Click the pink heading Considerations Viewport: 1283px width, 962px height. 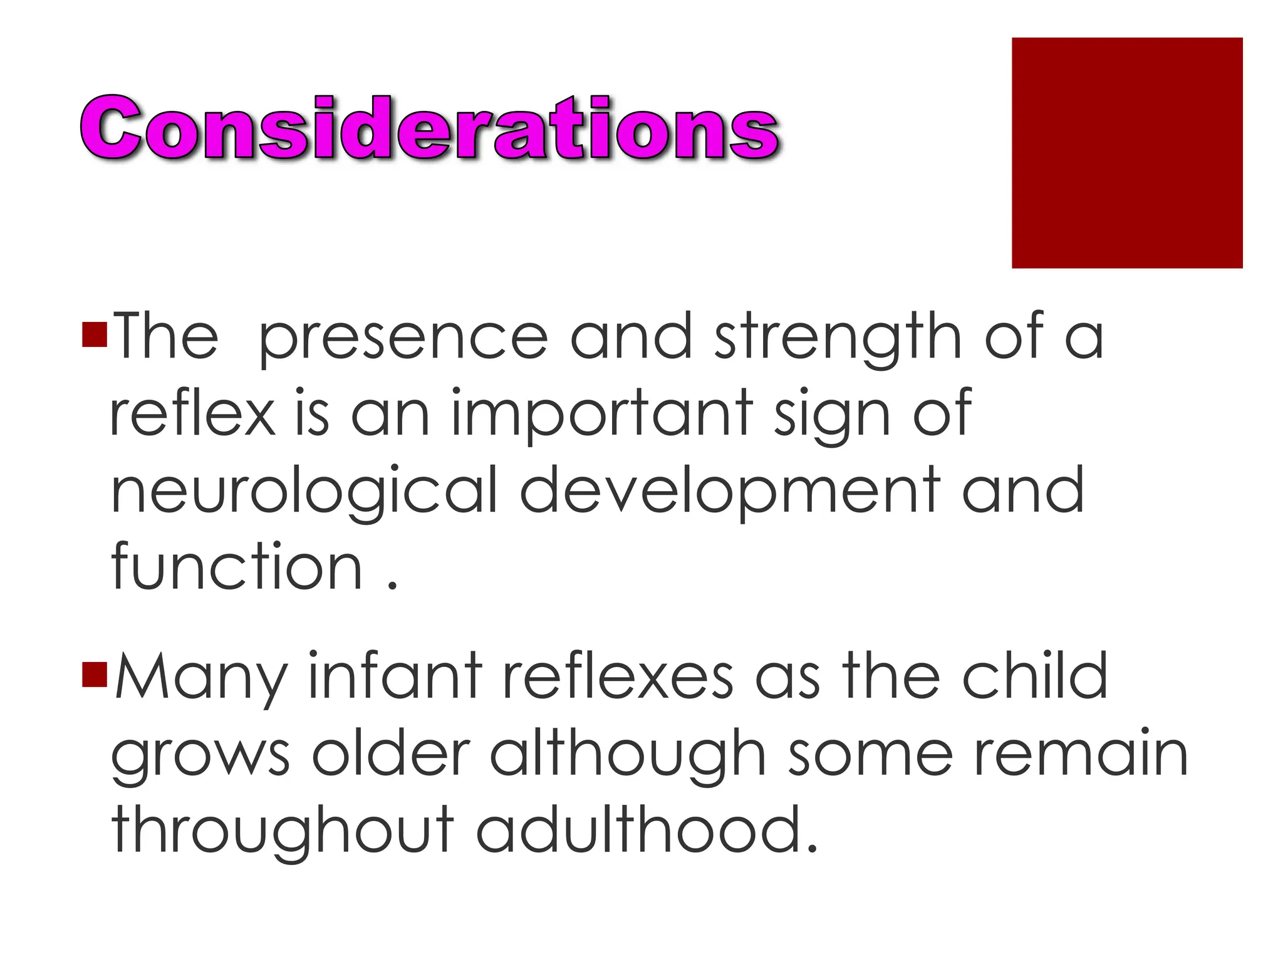430,128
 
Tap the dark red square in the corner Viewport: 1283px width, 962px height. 1126,153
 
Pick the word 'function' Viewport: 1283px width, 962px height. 237,567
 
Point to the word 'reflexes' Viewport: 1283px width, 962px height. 618,676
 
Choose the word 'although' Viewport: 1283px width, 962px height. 628,755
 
